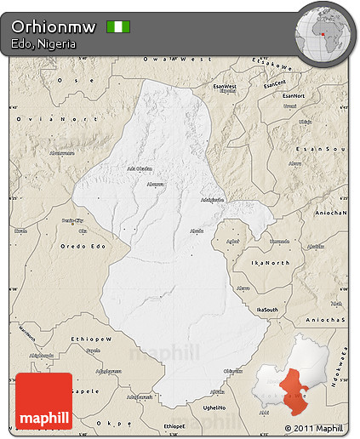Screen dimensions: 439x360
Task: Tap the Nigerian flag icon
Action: tap(117, 26)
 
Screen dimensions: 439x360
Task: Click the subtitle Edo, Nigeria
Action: tap(43, 43)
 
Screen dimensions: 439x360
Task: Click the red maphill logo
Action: tap(43, 400)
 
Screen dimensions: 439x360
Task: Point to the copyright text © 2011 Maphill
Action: tap(315, 427)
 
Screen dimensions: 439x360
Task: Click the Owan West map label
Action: tap(177, 59)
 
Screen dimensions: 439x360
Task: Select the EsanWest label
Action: tap(225, 87)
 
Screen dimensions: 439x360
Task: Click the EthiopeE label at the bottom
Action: tap(174, 425)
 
